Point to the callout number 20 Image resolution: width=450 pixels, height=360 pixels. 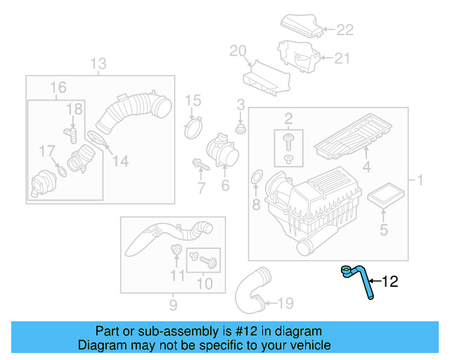[x=238, y=50]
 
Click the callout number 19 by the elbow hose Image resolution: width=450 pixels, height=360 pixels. [x=284, y=304]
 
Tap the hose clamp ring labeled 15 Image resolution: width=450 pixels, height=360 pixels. [x=193, y=129]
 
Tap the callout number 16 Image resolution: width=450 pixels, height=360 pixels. [x=58, y=87]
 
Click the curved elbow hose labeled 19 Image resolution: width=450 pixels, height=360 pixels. [x=250, y=290]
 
